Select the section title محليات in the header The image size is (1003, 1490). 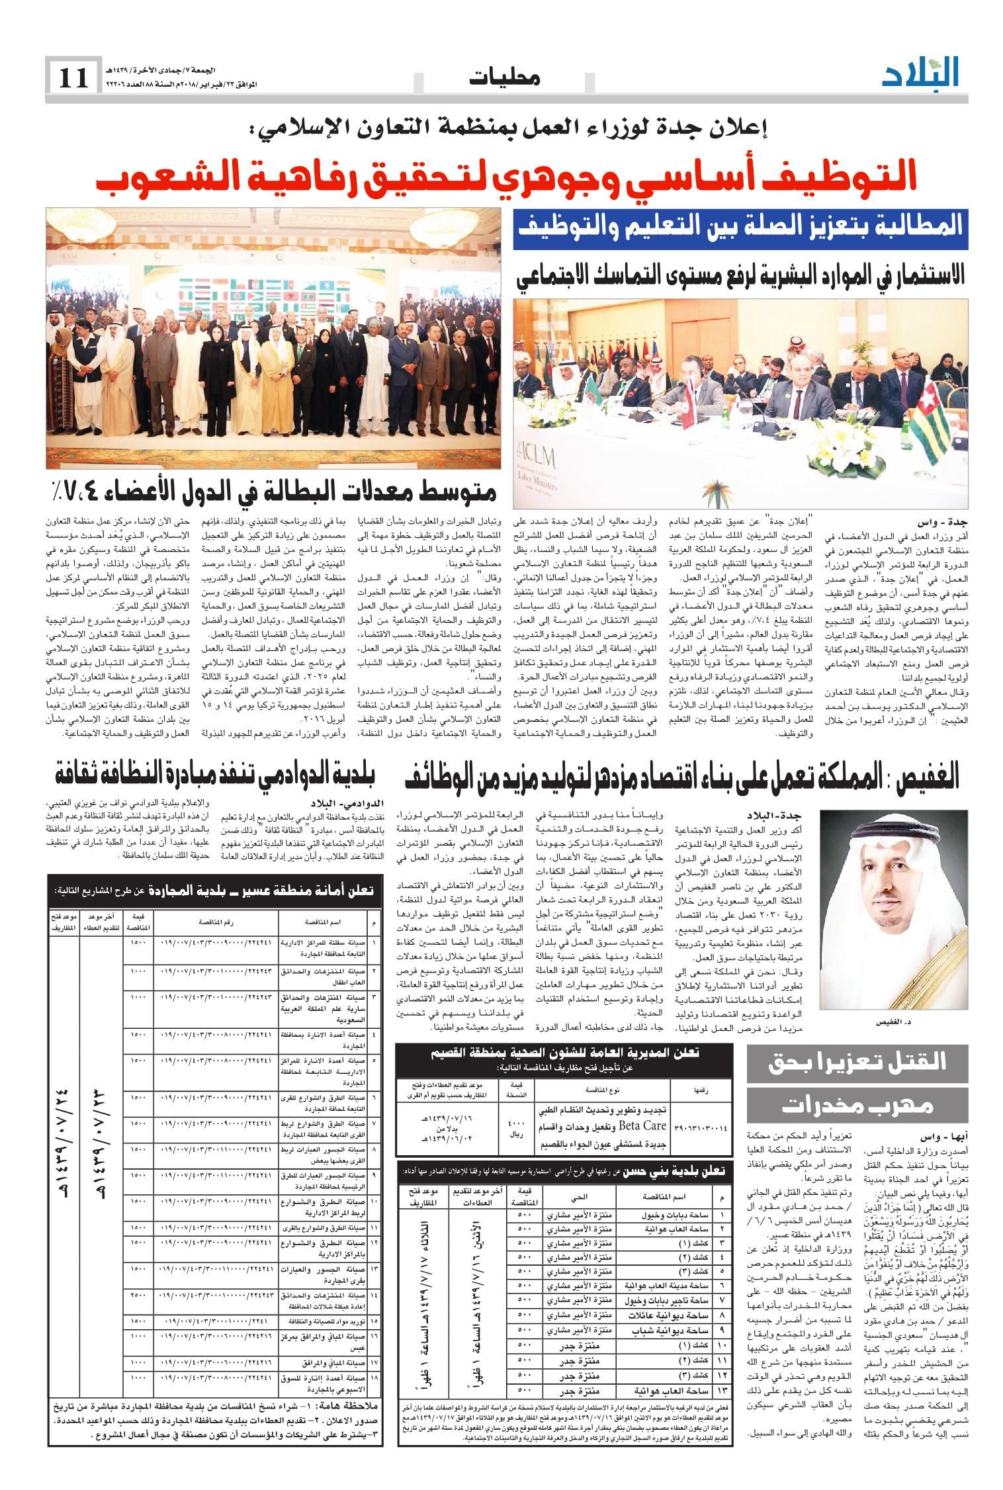pyautogui.click(x=504, y=79)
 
